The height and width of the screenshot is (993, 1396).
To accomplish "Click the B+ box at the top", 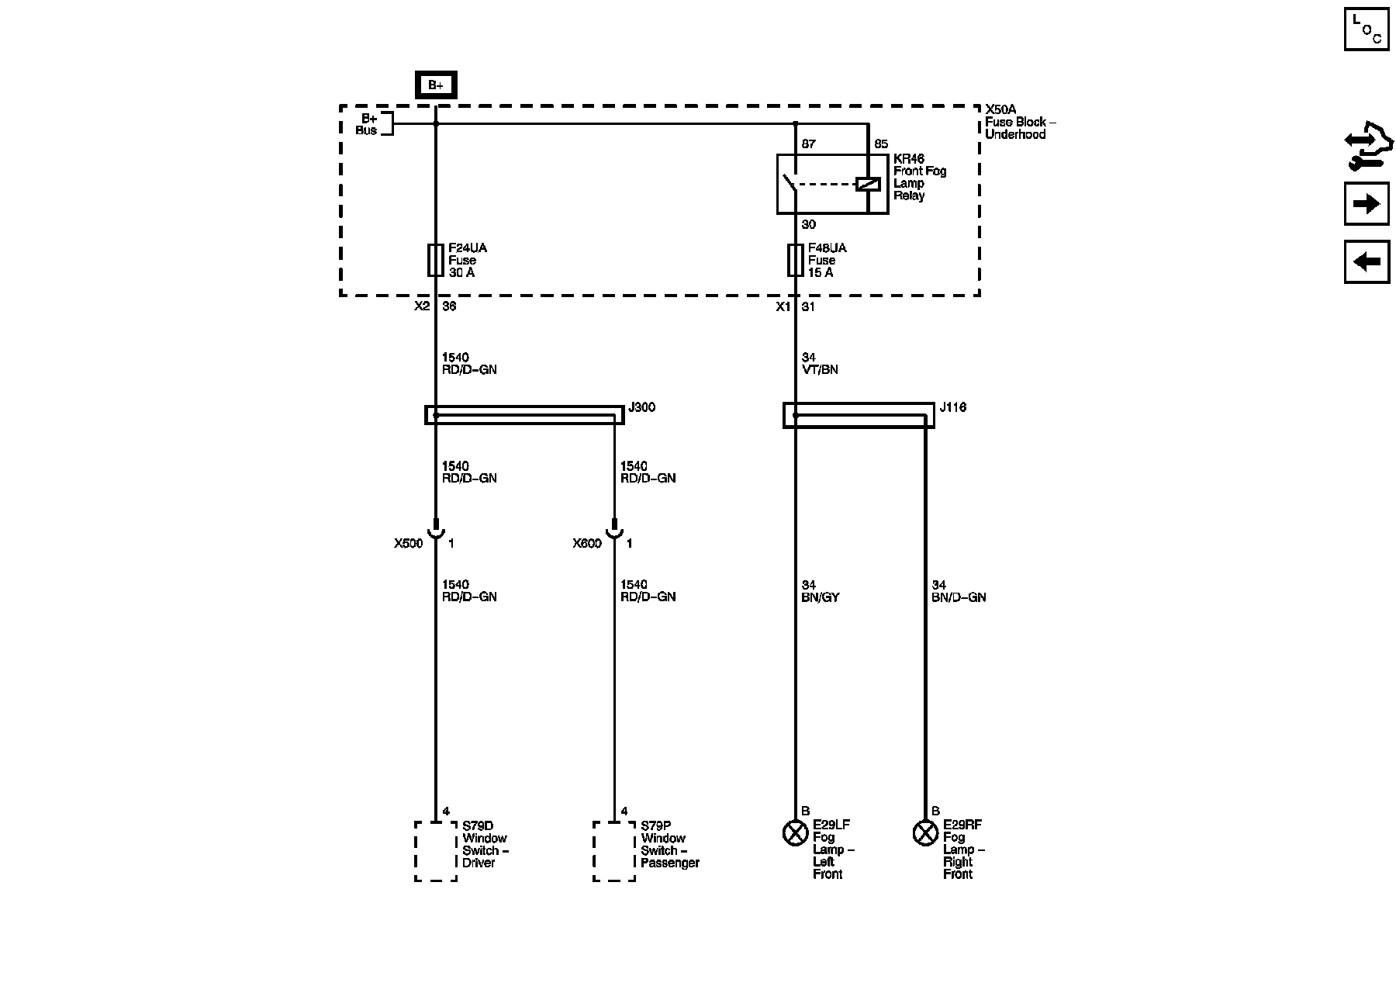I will (436, 85).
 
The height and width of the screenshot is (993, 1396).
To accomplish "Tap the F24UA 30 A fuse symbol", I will (436, 260).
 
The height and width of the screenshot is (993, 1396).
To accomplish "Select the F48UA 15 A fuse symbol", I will (795, 260).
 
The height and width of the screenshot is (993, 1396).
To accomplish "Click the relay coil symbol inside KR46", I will (867, 184).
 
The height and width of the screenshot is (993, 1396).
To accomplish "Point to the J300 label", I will (641, 407).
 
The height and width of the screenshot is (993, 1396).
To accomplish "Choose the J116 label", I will (953, 407).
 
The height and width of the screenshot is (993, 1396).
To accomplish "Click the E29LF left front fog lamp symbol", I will (795, 833).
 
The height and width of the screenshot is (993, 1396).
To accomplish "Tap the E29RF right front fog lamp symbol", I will (925, 833).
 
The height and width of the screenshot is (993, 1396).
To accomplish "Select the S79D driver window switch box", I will (436, 851).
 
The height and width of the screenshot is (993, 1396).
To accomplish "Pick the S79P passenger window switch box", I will (614, 851).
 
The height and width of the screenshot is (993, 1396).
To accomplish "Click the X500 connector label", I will (408, 544).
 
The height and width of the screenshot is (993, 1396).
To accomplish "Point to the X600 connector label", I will (587, 544).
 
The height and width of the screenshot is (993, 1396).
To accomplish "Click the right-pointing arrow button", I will (1367, 204).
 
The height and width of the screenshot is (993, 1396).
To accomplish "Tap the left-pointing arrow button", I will (1367, 262).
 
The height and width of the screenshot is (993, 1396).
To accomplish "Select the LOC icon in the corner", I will (1367, 29).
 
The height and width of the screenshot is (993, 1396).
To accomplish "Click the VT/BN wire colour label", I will (820, 370).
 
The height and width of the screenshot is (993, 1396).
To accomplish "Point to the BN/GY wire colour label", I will (821, 598).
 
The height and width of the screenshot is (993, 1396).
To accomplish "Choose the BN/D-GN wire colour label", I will (959, 598).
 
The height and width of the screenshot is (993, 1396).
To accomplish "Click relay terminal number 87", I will (808, 144).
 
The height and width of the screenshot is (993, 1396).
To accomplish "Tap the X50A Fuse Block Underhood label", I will (1019, 122).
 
